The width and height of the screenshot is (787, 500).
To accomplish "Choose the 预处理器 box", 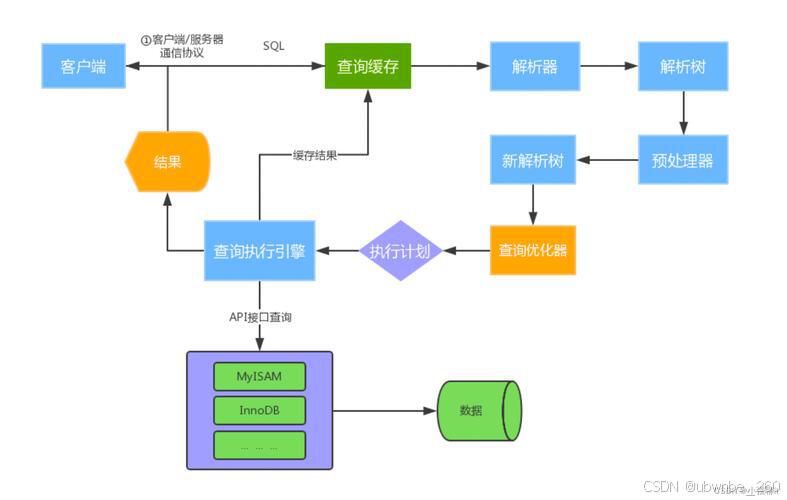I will tap(682, 160).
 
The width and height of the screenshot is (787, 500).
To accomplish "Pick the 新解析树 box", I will tap(534, 160).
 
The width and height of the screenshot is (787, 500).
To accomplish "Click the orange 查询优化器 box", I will tap(534, 250).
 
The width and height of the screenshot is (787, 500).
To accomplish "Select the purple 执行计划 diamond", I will tap(400, 251).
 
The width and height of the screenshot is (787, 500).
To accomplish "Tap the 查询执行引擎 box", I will tap(260, 250).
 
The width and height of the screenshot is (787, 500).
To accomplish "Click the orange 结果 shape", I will tap(168, 161).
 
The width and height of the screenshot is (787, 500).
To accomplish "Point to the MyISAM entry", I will tap(260, 376).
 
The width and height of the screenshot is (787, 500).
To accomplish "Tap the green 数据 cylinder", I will tap(478, 411).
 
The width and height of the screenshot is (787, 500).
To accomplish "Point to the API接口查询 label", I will tap(260, 317).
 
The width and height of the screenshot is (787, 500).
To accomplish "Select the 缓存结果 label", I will tap(314, 155).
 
